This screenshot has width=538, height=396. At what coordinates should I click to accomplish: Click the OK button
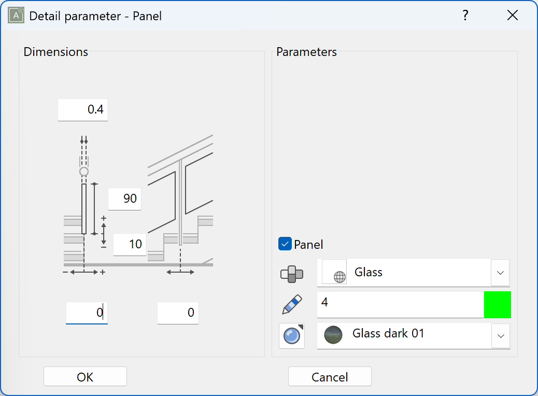(x=85, y=377)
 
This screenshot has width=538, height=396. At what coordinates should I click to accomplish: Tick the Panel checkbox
(x=285, y=244)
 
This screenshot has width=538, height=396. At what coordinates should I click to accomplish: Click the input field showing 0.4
(x=83, y=110)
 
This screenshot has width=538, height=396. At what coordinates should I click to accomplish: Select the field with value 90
(x=125, y=199)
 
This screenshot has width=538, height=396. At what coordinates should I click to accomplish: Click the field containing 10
(x=130, y=244)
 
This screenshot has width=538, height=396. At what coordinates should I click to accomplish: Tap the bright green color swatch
(x=497, y=305)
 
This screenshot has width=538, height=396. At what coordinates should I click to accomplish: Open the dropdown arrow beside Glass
(x=500, y=273)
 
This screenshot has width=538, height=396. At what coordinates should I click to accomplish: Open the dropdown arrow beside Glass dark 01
(x=500, y=336)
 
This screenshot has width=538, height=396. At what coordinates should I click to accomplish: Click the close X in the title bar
(x=513, y=16)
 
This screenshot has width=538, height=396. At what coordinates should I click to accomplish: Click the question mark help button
(x=465, y=16)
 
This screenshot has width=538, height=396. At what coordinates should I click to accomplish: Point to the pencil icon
(x=292, y=304)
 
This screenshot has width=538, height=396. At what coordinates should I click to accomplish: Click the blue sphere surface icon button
(x=292, y=336)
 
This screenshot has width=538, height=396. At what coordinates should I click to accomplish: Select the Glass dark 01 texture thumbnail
(x=333, y=335)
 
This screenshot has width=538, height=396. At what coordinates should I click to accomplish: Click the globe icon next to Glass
(x=339, y=277)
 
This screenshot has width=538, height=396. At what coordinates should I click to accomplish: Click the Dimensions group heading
(x=56, y=52)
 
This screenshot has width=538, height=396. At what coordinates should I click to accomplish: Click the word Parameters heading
(x=306, y=52)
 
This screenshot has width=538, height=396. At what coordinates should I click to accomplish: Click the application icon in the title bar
(x=17, y=16)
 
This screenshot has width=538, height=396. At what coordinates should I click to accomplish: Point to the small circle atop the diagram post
(x=83, y=172)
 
